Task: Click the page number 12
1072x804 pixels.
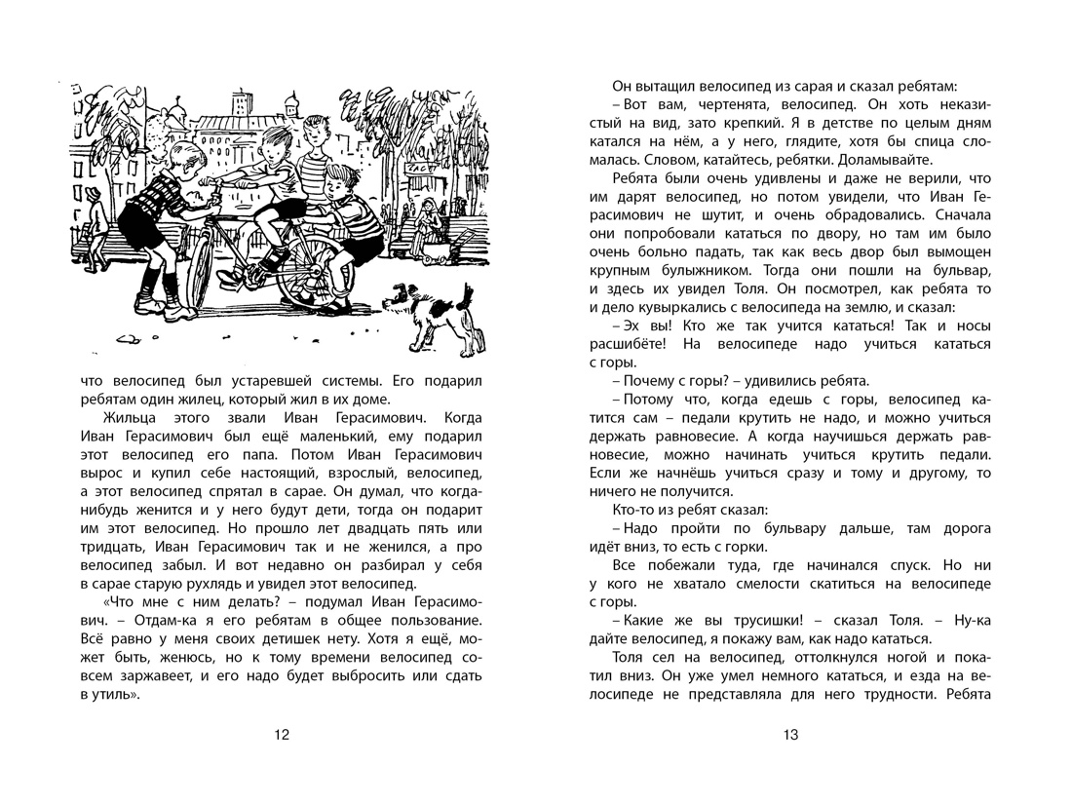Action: point(282,735)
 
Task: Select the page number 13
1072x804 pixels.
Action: point(789,735)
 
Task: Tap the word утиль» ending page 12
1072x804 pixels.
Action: point(101,694)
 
